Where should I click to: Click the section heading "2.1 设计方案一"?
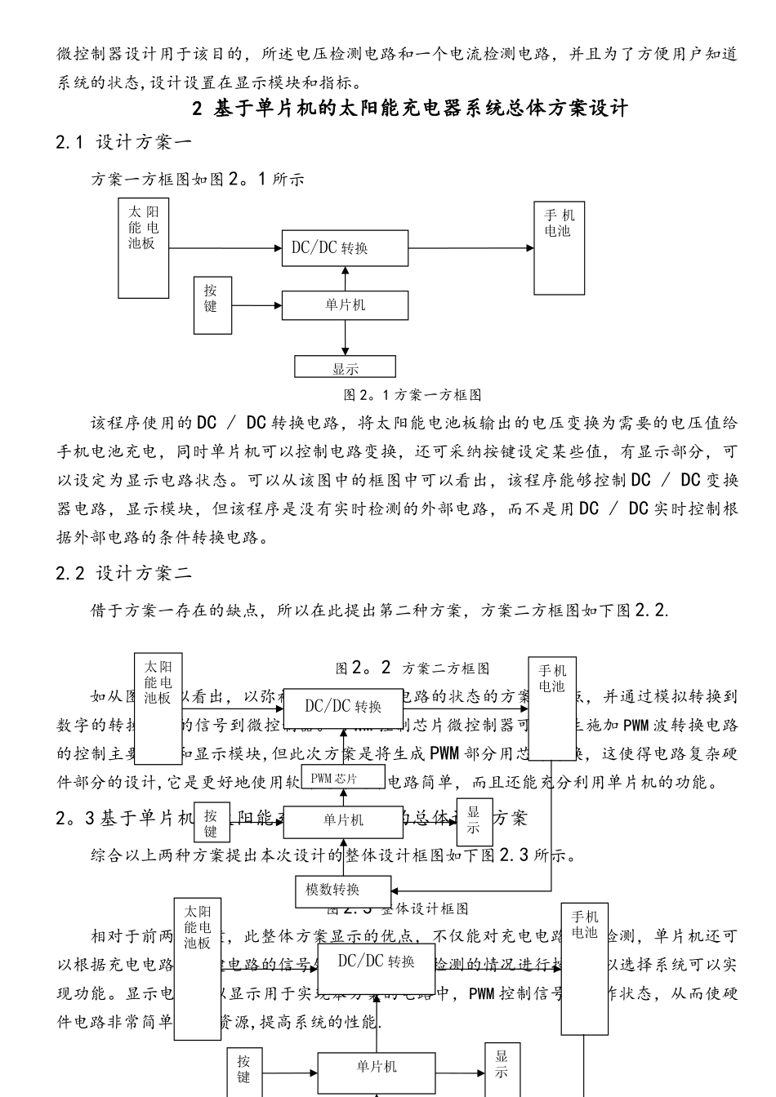point(124,142)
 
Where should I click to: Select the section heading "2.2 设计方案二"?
point(124,573)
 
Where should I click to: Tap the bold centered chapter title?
point(410,108)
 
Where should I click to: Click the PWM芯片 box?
point(343,778)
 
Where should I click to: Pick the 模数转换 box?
point(344,890)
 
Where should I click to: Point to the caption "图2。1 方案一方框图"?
point(412,395)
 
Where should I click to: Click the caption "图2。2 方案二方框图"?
point(413,668)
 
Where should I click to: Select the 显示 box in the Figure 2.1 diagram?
point(346,366)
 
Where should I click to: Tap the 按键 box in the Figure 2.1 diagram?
point(211,298)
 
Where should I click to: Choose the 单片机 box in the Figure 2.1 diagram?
point(345,305)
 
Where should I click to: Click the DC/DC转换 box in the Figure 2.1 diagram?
point(345,248)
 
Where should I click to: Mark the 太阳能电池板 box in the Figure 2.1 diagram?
point(144,247)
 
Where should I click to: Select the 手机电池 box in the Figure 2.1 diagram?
point(560,248)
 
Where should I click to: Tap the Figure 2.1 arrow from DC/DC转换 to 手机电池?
point(471,248)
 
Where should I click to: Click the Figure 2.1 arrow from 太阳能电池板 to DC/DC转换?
point(225,248)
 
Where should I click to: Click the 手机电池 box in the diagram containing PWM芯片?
point(552,708)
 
